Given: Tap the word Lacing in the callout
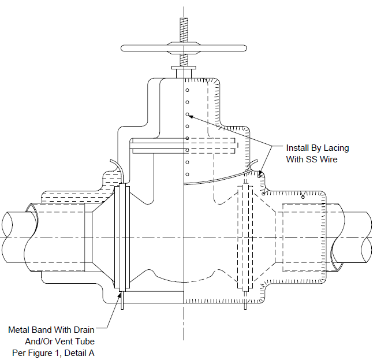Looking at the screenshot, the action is (336, 149).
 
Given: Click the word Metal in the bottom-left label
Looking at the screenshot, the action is (18, 330).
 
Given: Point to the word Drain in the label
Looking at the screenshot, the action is (84, 330).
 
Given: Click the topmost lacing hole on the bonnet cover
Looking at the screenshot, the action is (187, 90).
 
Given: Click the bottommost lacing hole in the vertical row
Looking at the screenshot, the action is (187, 175).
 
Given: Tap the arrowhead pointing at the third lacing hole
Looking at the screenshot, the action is (191, 117).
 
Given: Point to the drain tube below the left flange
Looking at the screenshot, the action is (122, 300).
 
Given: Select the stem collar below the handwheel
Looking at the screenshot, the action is (184, 68).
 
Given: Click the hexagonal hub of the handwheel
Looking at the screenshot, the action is (184, 47).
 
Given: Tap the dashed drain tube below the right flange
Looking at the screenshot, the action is (245, 300).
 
